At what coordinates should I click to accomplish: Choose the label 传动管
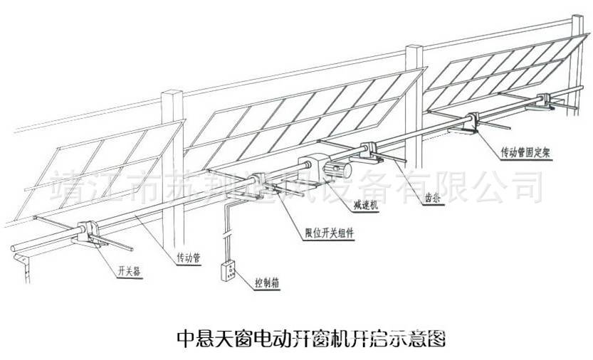187,258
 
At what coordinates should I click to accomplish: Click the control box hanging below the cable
230,273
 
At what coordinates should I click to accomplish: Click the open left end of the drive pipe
15,250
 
